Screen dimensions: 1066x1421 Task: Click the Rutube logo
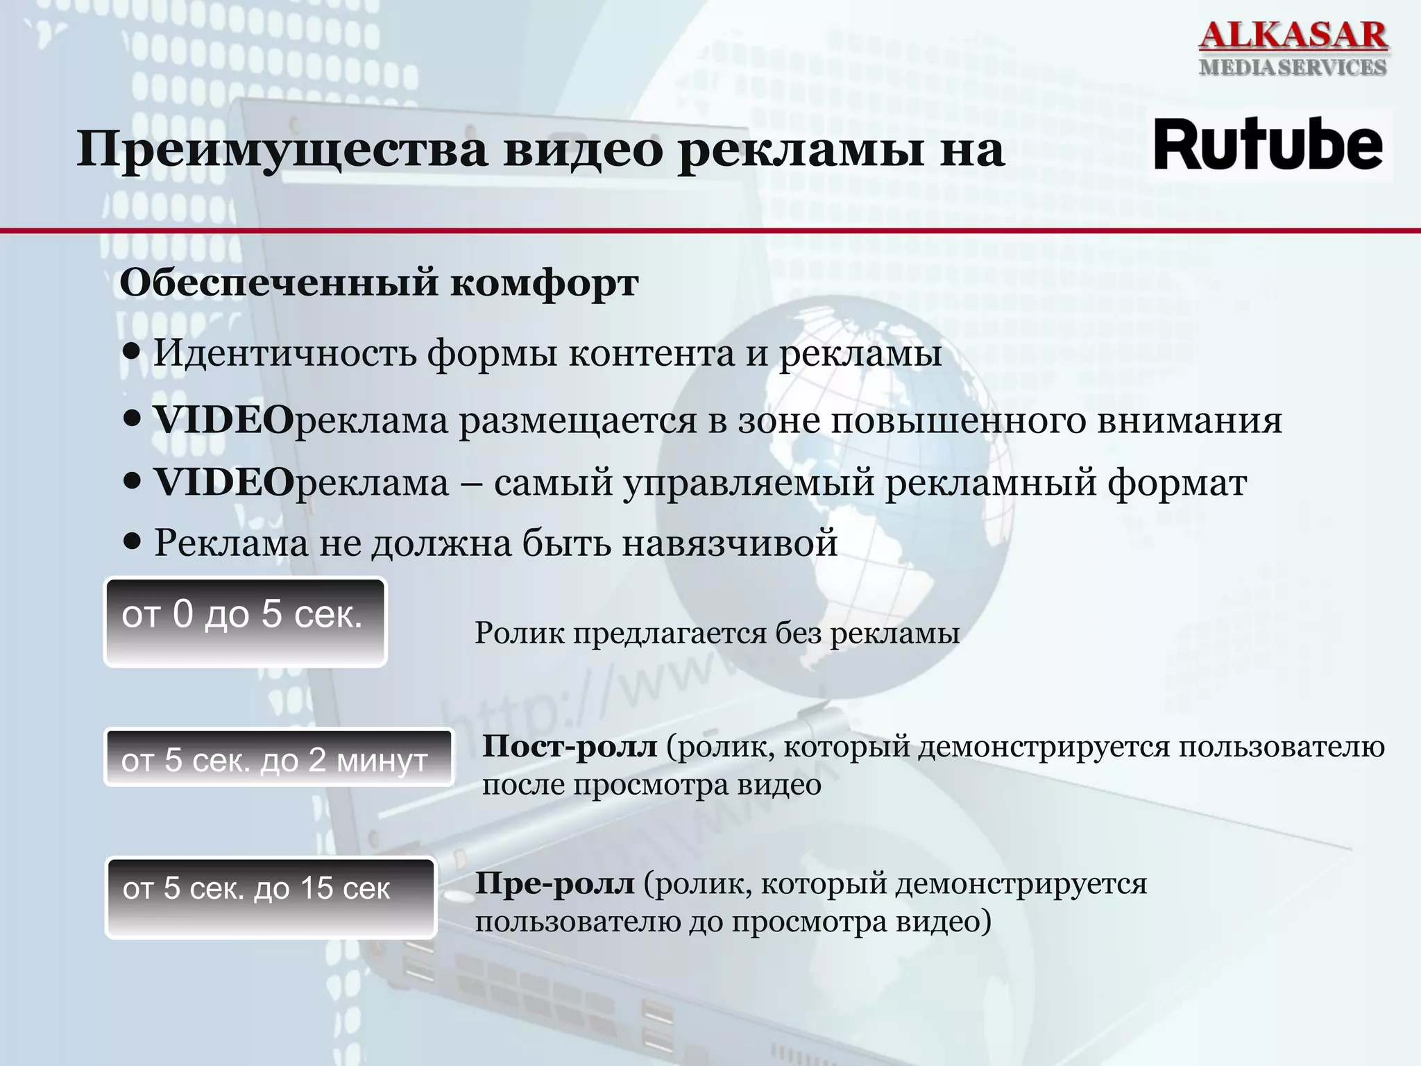coord(1268,146)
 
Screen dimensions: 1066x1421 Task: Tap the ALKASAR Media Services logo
coord(1293,47)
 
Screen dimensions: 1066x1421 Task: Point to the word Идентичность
coord(285,353)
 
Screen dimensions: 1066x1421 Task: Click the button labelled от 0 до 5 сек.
coord(245,622)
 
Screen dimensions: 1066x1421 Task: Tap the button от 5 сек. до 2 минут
coord(278,758)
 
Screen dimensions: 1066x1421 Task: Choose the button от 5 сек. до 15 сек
coord(271,897)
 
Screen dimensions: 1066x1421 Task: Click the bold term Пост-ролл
coord(570,747)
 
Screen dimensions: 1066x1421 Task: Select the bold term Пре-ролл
coord(554,884)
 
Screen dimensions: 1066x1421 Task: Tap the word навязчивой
coord(729,543)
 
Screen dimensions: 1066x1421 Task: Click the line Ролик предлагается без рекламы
coord(717,633)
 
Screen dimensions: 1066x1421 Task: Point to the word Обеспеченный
coord(278,283)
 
